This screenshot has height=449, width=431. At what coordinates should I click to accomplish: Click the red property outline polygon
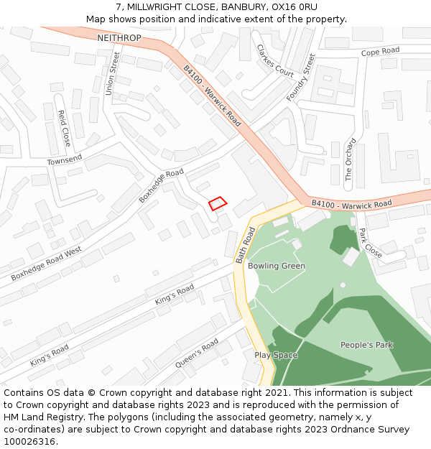218,203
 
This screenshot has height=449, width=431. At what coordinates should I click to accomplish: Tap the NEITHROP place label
119,37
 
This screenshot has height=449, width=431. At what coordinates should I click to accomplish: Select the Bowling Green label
277,266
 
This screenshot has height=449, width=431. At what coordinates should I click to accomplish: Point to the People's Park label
366,345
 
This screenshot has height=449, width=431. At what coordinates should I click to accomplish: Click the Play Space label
276,355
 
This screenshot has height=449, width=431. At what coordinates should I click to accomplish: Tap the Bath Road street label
246,245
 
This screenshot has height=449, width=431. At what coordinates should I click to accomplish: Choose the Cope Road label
380,52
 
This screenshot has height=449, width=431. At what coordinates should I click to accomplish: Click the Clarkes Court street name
275,61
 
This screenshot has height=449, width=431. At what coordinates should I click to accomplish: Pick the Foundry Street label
300,77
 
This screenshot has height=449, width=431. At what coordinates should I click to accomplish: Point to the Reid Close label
64,129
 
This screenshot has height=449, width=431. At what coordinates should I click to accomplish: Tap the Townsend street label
65,159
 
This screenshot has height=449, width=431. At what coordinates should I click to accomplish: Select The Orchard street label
350,159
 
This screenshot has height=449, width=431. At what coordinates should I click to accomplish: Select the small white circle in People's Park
343,285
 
